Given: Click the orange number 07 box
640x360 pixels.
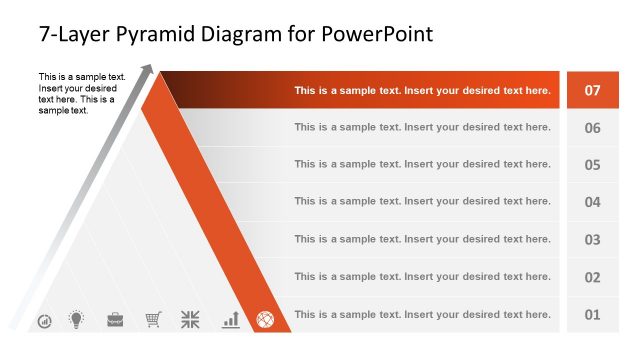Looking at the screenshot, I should point(592,90).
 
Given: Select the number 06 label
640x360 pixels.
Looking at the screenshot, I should point(592,128).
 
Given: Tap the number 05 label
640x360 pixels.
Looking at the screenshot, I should point(592,165).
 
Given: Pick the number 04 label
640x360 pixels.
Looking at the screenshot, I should point(592,202).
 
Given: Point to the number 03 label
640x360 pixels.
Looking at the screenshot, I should point(592,240).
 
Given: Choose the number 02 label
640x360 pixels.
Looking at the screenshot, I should point(592,277).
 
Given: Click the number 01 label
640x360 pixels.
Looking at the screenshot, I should point(592,315).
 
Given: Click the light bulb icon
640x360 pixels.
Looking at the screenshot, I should point(76,320).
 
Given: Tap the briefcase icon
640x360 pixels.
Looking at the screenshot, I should point(115,320).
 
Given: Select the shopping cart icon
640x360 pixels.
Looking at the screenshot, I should point(153,320).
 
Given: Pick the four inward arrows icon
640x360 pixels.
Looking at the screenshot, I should point(190,320).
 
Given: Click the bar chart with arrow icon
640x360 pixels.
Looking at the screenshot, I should point(230,320).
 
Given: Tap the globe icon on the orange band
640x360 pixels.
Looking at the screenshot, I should point(265,320).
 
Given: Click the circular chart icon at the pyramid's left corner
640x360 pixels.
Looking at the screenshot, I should point(44,321).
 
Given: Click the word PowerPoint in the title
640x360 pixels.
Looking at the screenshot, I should point(378,34).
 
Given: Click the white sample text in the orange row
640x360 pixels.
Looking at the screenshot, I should point(422,90).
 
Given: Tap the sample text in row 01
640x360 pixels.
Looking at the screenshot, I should point(422,314).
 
